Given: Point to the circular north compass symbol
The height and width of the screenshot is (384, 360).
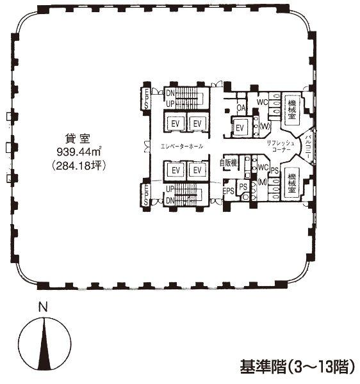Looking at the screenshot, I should [44, 343].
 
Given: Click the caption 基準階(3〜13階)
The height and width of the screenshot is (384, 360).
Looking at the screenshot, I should [297, 367].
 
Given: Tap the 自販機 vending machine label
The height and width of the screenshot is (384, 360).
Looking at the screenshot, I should [230, 163].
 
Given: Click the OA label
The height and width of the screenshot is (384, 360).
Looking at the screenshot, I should [241, 107].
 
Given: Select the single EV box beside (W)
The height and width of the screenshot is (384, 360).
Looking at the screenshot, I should [240, 128].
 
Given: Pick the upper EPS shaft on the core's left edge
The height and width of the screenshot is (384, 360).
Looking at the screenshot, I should [146, 99].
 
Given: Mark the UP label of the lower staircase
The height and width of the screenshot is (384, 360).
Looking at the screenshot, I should [170, 189].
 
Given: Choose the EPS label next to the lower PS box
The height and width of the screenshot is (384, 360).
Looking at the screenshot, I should [229, 191].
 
